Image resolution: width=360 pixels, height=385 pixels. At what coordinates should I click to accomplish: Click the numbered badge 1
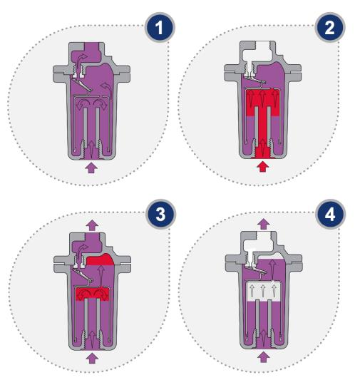click(160, 27)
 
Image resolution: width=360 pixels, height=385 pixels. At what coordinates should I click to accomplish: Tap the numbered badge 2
click(330, 27)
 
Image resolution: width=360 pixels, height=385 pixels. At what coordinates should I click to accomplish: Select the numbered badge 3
click(160, 214)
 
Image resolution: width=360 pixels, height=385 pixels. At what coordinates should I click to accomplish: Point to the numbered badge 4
click(330, 214)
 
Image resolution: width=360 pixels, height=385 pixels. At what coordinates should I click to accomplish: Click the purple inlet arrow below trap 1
click(91, 168)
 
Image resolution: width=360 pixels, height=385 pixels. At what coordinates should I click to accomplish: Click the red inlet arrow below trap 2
click(263, 167)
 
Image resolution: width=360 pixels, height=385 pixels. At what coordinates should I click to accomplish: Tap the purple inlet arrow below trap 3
click(92, 358)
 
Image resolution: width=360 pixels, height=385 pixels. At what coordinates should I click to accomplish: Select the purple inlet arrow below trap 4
click(264, 357)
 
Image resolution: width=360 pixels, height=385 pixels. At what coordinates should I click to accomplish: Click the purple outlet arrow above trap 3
click(93, 225)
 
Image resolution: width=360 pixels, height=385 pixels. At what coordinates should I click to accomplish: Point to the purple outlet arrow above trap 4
click(264, 224)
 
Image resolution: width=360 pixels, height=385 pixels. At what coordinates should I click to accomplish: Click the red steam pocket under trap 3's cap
click(101, 260)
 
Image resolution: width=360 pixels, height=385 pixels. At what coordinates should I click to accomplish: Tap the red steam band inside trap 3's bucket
click(92, 294)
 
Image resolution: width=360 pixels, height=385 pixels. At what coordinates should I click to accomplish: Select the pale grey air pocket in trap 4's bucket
click(263, 291)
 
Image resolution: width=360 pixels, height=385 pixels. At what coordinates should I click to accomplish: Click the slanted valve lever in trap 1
click(82, 84)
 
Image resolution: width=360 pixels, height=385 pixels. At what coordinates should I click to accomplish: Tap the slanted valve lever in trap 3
click(83, 275)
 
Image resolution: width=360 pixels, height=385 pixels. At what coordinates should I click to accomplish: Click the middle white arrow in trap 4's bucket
click(263, 291)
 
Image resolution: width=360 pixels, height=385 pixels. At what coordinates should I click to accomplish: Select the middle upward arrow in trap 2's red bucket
click(262, 98)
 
